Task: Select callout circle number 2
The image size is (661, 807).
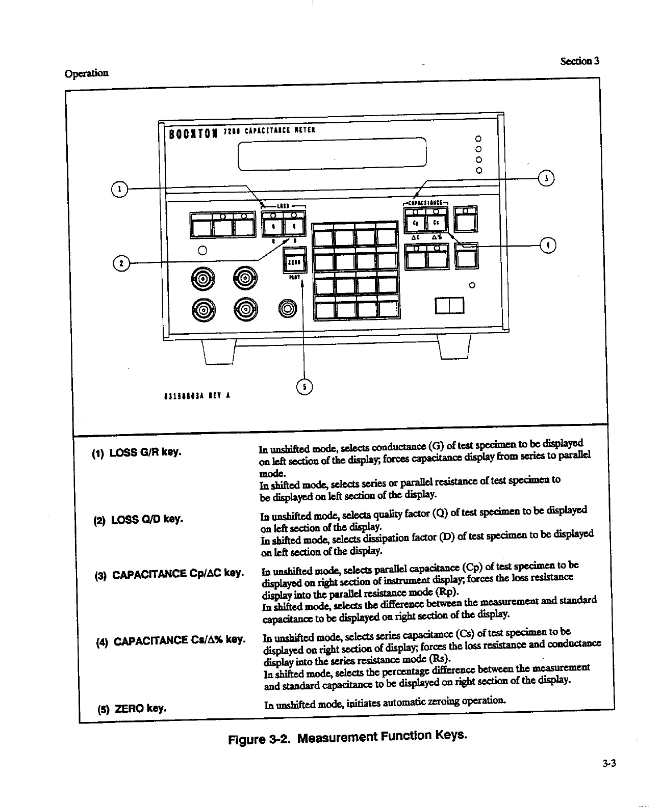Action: [x=120, y=263]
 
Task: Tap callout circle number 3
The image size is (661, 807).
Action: [x=546, y=178]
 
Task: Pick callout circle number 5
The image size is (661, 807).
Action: [x=304, y=387]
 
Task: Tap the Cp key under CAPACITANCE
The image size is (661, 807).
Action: [x=415, y=223]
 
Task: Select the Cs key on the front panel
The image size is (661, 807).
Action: [x=436, y=223]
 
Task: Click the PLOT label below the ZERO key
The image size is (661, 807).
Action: [x=294, y=278]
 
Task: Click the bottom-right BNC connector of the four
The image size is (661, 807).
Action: [x=245, y=309]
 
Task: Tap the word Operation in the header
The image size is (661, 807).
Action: [x=87, y=73]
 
